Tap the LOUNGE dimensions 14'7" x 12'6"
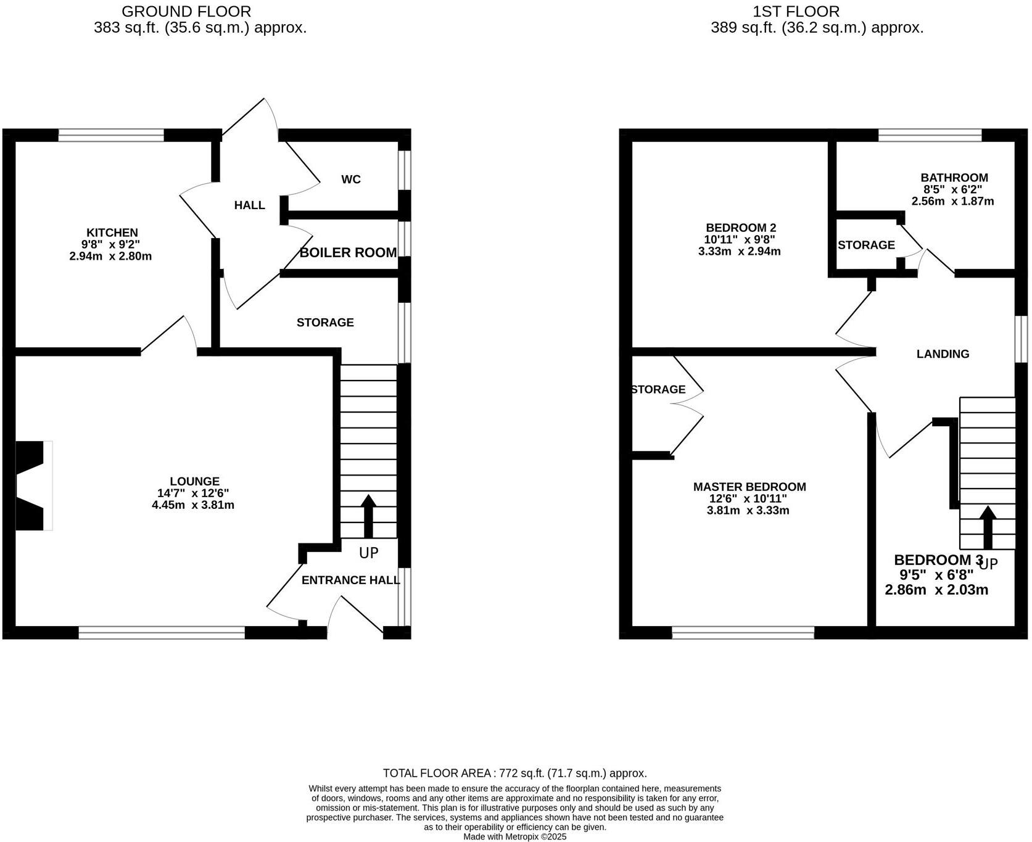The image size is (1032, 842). pos(193,493)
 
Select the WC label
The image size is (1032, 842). pos(350,180)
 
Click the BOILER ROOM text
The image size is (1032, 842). pos(348,252)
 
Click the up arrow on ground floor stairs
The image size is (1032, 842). pos(368,515)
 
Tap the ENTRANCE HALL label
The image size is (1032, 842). pos(350,580)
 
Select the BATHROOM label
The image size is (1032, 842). pos(954,178)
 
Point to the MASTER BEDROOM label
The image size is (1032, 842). pos(749,487)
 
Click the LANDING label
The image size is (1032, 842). pos(943,353)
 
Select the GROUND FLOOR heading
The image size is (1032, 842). pos(186,11)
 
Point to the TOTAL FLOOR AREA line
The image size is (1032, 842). pos(514,773)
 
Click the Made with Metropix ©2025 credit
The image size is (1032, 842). pos(514,837)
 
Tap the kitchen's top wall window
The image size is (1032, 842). pos(111,134)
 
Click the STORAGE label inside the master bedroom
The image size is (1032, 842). pos(658,389)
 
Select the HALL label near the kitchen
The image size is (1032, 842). pos(249,205)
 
